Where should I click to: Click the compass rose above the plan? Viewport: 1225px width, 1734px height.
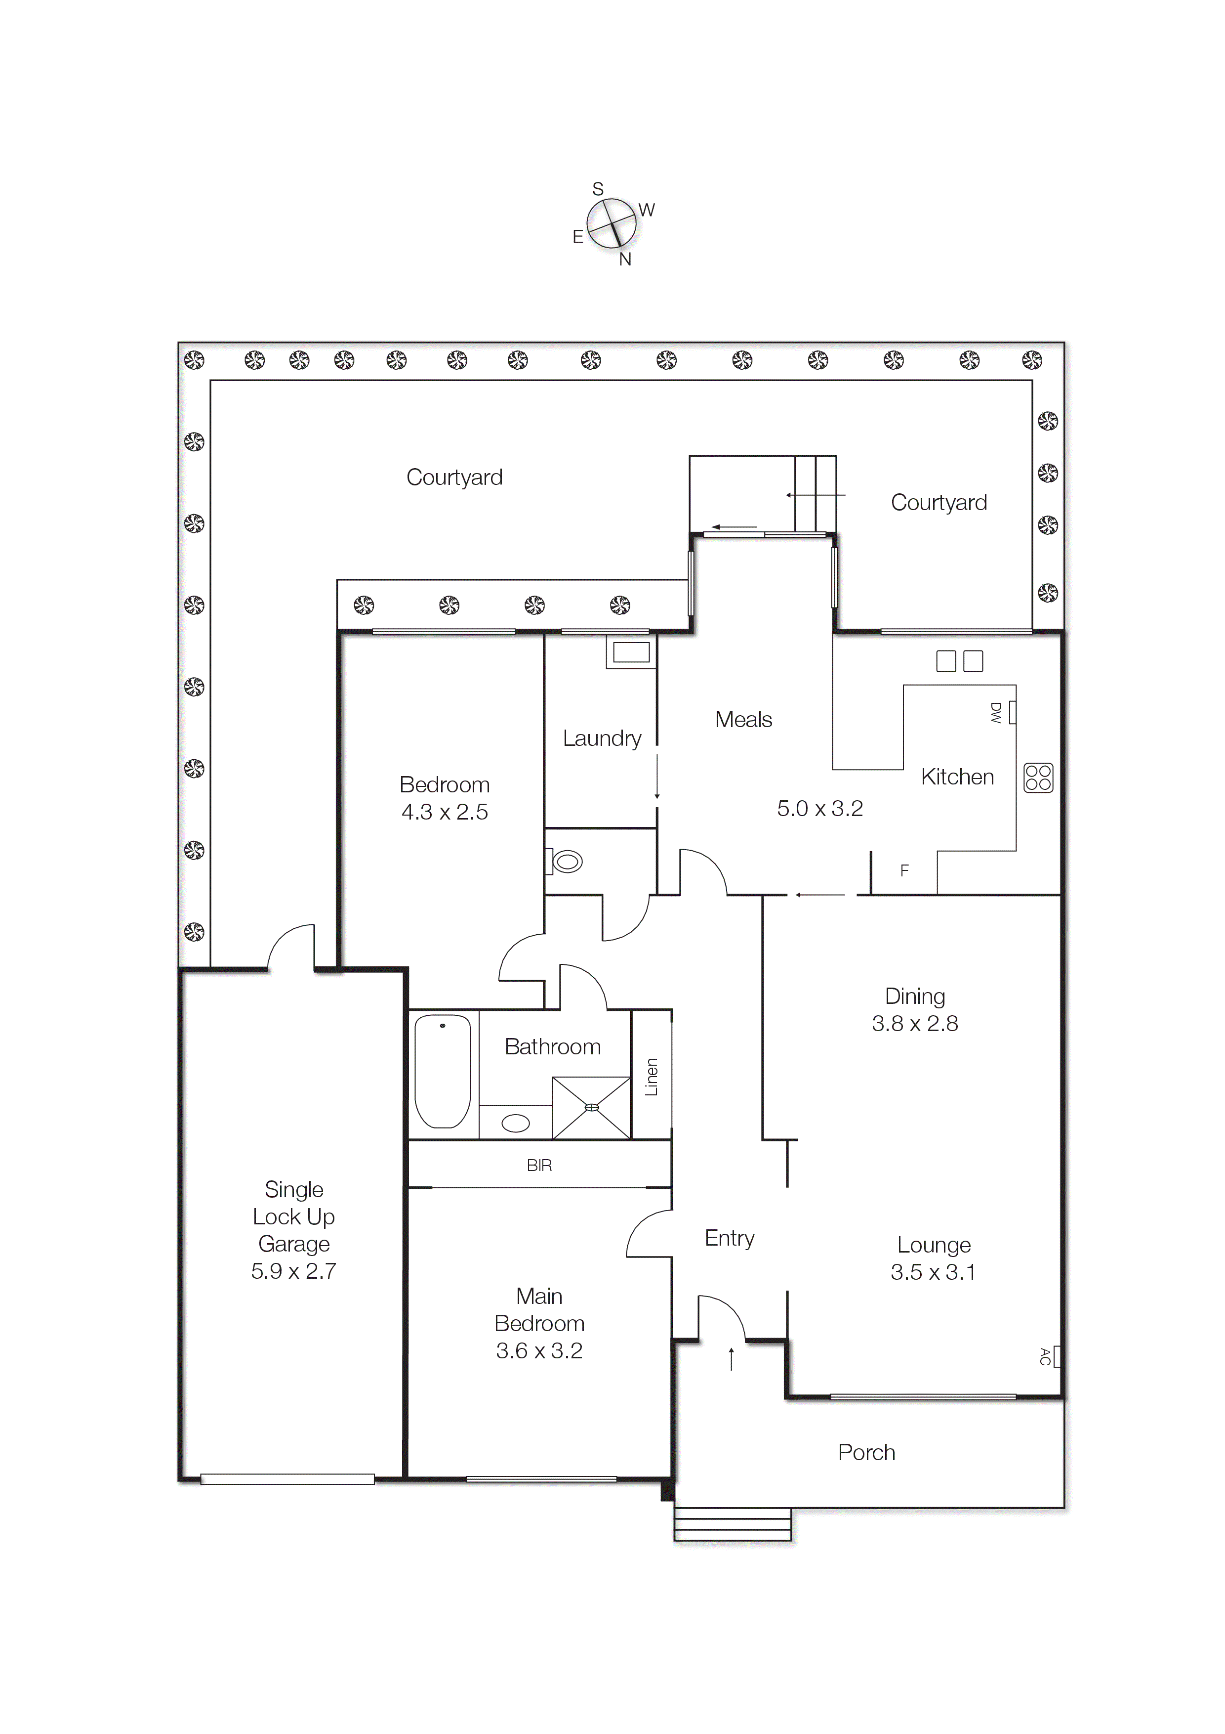pos(612,223)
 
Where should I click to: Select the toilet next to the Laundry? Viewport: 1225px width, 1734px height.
pos(566,861)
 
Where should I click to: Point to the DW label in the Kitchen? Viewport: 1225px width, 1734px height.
pos(995,712)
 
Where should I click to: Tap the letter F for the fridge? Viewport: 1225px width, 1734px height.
pos(904,871)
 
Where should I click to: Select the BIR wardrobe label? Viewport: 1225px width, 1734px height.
pos(539,1166)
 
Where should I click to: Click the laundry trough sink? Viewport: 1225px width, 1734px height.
pos(631,652)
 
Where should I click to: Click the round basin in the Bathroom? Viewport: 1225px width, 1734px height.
pos(516,1123)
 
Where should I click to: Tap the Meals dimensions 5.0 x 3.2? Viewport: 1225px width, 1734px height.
pos(819,808)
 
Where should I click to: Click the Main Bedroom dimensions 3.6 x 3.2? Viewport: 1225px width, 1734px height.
pos(539,1350)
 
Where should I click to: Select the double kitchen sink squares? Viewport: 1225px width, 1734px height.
pos(959,661)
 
